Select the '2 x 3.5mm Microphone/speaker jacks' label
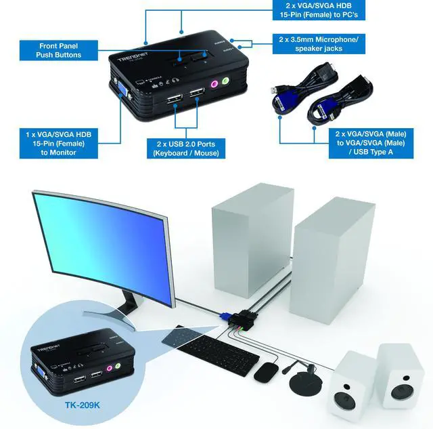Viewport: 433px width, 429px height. (318, 44)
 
